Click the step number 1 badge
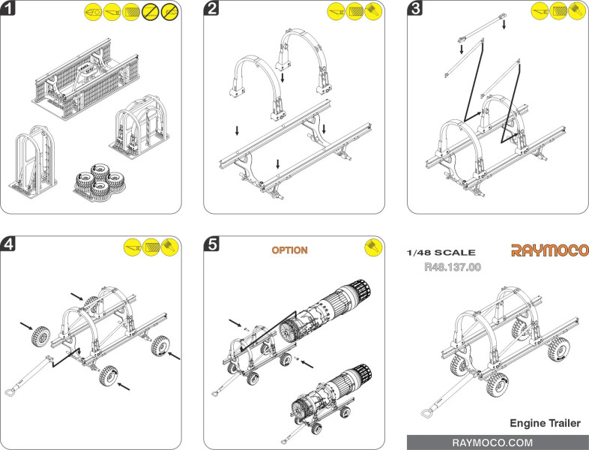click(x=10, y=10)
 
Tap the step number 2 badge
click(x=213, y=10)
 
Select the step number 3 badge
click(x=416, y=10)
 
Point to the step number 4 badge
click(x=10, y=243)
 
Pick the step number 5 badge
click(x=213, y=243)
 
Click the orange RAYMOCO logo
click(x=549, y=250)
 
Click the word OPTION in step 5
click(x=289, y=250)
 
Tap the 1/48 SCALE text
click(x=440, y=253)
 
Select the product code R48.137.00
click(x=452, y=266)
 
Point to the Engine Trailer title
click(x=545, y=424)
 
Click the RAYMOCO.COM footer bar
click(x=498, y=442)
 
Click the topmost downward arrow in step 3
click(x=504, y=25)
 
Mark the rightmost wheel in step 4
click(x=158, y=346)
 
